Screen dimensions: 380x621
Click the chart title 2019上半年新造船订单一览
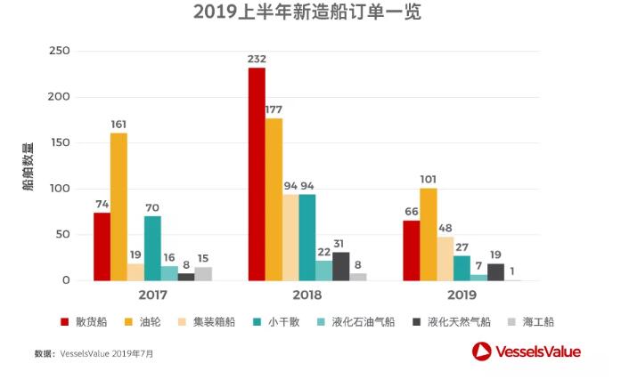(307, 12)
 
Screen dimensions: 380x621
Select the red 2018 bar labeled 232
(257, 174)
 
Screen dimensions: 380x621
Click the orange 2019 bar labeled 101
(429, 234)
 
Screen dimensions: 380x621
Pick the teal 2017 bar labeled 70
(152, 248)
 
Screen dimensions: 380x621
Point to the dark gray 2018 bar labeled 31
(341, 266)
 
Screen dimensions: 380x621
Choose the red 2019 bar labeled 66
(411, 250)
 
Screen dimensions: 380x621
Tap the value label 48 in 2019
(445, 229)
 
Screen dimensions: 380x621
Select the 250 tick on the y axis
(59, 51)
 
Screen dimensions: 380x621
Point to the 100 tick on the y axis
(59, 189)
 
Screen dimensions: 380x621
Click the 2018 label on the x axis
(306, 295)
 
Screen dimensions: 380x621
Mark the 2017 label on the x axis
(152, 295)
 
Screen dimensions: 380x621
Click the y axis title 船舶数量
(28, 166)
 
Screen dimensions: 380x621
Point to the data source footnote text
(94, 353)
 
